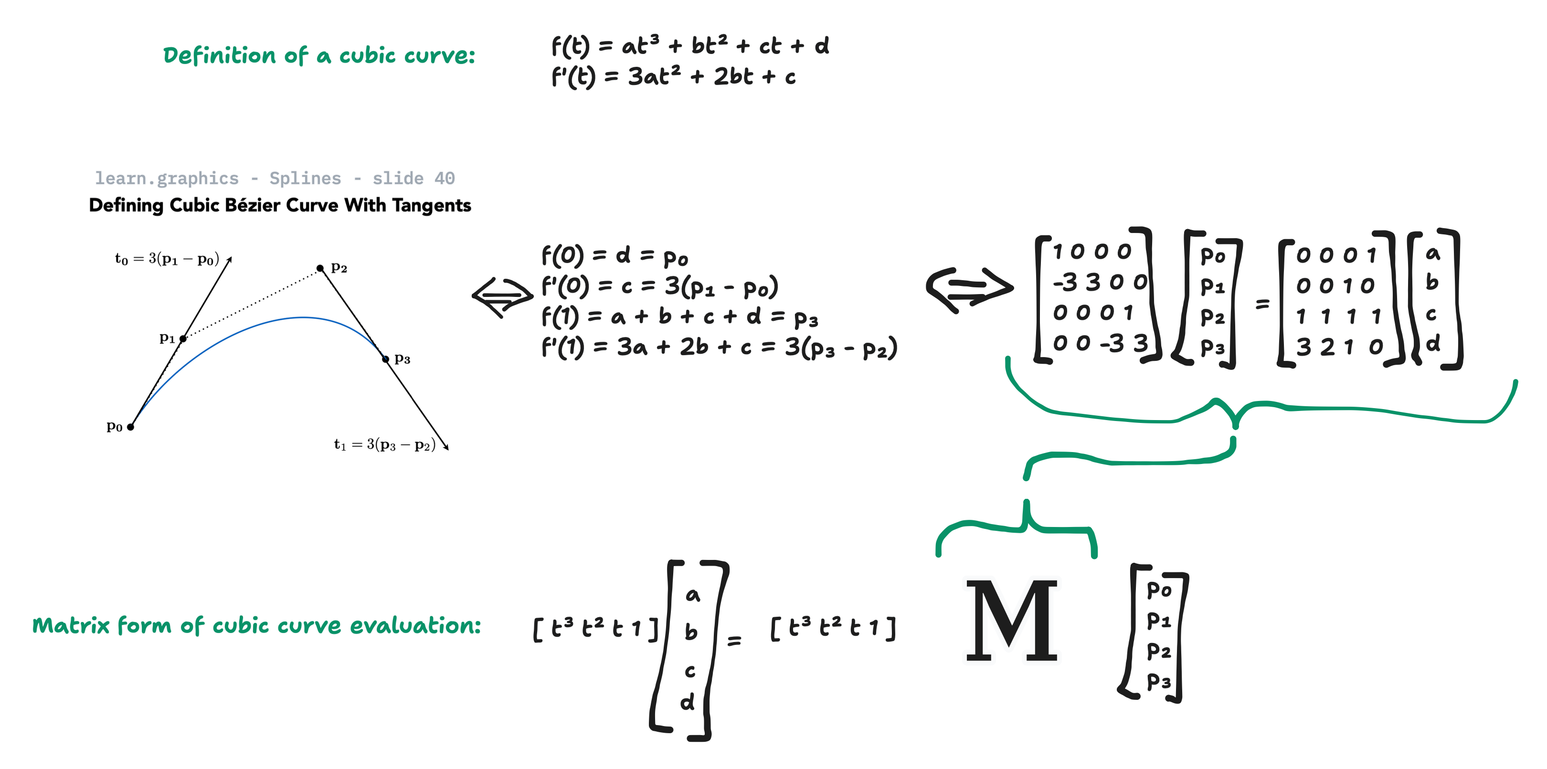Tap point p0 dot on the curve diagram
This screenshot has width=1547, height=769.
point(130,427)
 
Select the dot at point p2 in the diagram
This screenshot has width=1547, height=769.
point(320,268)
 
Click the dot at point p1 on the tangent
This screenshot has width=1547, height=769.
point(183,338)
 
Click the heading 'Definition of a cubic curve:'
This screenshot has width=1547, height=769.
point(319,55)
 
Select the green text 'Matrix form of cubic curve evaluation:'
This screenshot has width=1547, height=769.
point(256,625)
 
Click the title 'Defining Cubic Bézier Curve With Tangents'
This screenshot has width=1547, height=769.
point(280,205)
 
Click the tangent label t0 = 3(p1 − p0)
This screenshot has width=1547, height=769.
point(167,259)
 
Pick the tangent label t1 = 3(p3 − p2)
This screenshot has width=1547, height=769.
point(385,444)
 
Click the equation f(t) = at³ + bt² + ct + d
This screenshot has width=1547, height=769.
point(690,46)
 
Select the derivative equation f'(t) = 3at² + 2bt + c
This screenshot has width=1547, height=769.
point(673,76)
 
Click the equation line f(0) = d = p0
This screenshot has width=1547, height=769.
point(615,256)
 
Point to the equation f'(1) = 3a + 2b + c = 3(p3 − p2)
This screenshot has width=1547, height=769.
point(720,348)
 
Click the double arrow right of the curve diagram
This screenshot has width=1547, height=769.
point(503,296)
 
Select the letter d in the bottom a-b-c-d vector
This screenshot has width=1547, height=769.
point(688,701)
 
